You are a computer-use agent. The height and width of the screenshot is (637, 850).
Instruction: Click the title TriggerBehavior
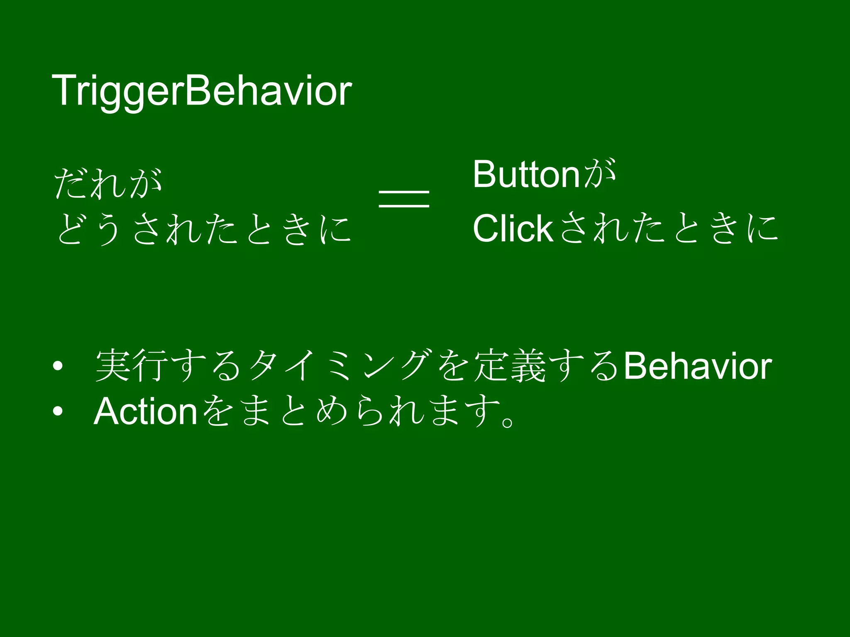pos(202,91)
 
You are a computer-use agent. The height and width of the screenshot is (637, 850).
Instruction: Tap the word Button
pos(526,175)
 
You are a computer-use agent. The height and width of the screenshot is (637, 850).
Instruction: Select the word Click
pos(513,229)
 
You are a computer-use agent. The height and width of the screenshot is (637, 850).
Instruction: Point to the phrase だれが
pos(108,183)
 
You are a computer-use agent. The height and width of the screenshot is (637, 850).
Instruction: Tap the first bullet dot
pos(58,366)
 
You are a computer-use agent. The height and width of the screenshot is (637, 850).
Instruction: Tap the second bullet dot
pos(58,411)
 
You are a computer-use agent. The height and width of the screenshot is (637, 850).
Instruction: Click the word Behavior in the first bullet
pos(697,366)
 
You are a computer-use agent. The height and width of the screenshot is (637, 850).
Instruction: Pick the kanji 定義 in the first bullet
pos(510,366)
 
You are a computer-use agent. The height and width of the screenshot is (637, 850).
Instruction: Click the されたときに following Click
pos(668,229)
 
